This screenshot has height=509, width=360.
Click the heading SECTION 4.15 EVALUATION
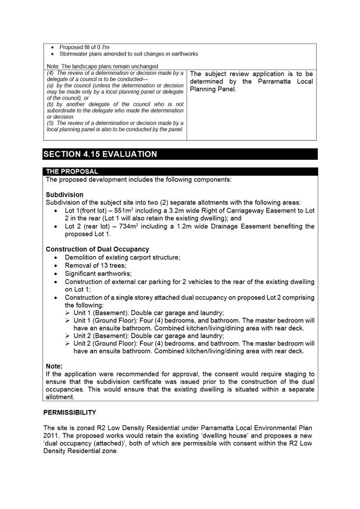(x=100, y=154)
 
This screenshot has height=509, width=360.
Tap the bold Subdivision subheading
(x=64, y=195)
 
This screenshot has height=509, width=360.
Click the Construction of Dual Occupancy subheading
(x=97, y=249)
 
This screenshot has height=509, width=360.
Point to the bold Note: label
(x=54, y=366)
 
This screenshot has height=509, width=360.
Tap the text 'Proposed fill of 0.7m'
(x=84, y=47)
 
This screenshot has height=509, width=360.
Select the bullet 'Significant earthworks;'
(x=98, y=274)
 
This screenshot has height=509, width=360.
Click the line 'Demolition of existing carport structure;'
(x=122, y=257)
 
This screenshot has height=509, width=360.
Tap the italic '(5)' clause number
(x=51, y=122)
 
